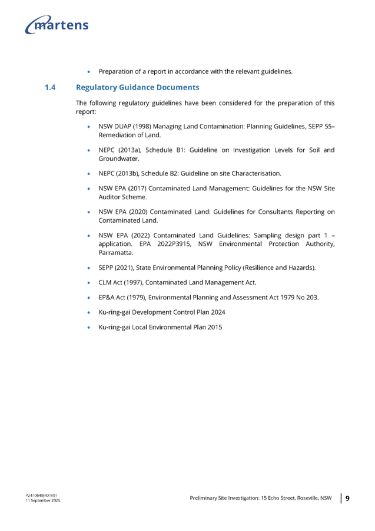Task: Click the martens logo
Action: (x=58, y=25)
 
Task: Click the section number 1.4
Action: (x=50, y=87)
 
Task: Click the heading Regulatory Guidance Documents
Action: (x=138, y=87)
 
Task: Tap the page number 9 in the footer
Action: (x=347, y=499)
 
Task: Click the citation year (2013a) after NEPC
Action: (x=128, y=150)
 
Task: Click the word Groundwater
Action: (x=118, y=159)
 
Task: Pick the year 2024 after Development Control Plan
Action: (x=216, y=312)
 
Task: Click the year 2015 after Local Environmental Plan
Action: (x=214, y=327)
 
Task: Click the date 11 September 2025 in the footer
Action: (x=42, y=500)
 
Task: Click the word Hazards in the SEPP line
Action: (x=301, y=268)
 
